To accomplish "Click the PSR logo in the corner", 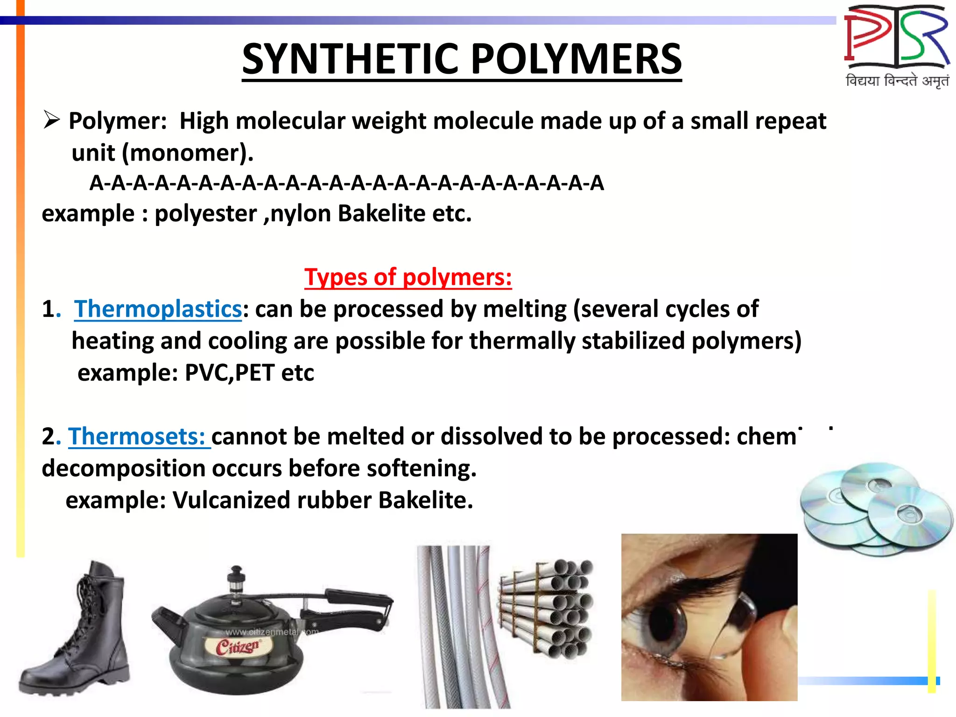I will (896, 37).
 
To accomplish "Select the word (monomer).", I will (187, 153).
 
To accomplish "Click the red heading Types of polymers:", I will (408, 277).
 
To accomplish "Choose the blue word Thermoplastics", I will (158, 309).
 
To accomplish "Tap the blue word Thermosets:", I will (138, 436).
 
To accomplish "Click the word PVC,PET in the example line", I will (229, 373).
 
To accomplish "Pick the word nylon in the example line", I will (301, 214).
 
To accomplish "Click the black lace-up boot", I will (77, 630).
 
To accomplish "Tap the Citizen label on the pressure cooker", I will (237, 647).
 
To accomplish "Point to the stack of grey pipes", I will (546, 607).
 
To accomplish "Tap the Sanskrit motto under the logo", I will (897, 81).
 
